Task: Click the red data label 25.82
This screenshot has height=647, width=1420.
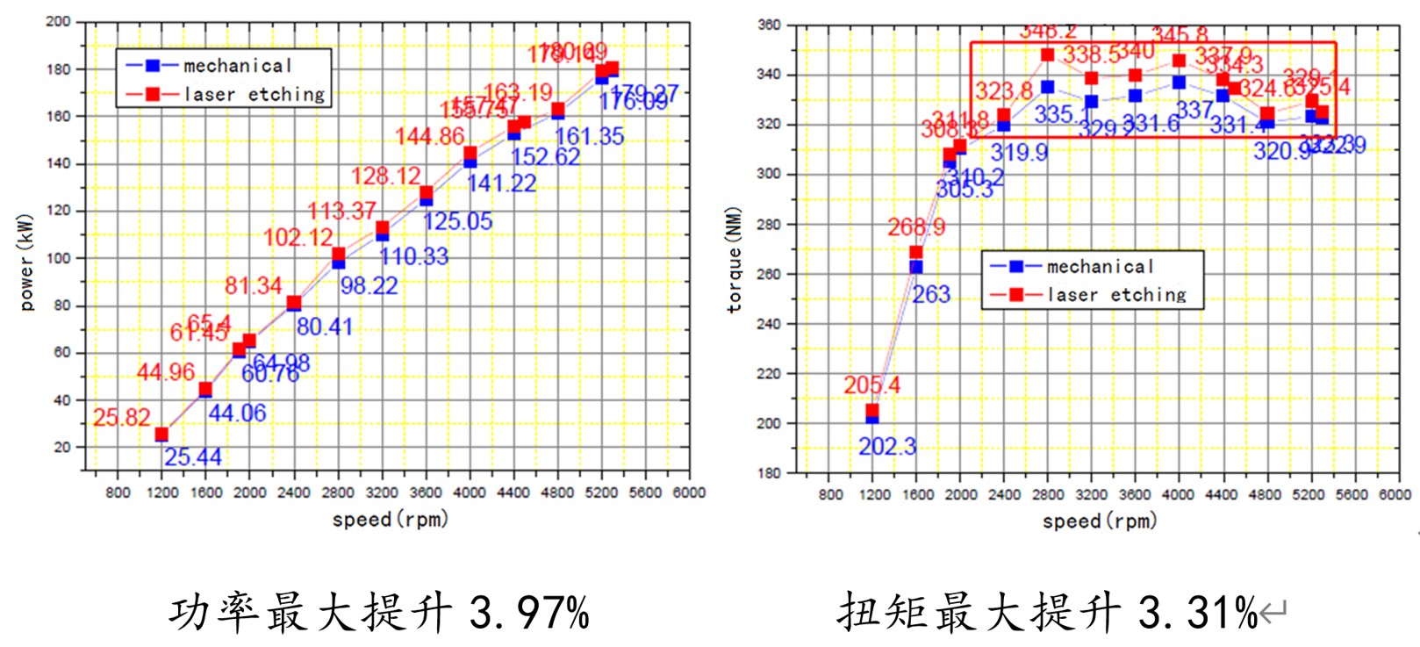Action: (x=122, y=418)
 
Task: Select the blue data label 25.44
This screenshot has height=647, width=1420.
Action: (x=193, y=456)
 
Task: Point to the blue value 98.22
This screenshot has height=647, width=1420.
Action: (x=369, y=285)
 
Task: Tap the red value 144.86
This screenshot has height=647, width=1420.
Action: (x=429, y=136)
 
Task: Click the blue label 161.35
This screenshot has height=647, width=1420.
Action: (x=589, y=136)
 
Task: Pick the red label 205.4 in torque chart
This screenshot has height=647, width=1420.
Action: (x=871, y=385)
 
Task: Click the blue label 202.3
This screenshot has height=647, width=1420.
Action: (x=886, y=447)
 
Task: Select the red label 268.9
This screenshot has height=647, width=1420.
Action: (x=916, y=227)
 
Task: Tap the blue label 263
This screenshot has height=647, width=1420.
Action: (x=931, y=294)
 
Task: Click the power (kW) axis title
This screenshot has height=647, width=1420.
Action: (x=26, y=262)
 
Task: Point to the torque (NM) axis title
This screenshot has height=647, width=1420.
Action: (x=735, y=260)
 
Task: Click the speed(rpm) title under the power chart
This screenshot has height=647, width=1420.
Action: (x=390, y=519)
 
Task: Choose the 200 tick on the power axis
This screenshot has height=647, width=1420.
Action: (x=59, y=21)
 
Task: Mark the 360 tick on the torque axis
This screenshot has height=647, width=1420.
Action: (x=770, y=25)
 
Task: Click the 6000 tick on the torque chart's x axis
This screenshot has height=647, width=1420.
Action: (x=1395, y=494)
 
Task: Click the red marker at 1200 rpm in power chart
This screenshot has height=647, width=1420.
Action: (x=161, y=434)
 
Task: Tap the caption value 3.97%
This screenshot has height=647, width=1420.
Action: (x=529, y=611)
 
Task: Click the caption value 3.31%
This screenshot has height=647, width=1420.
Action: (x=1198, y=611)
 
